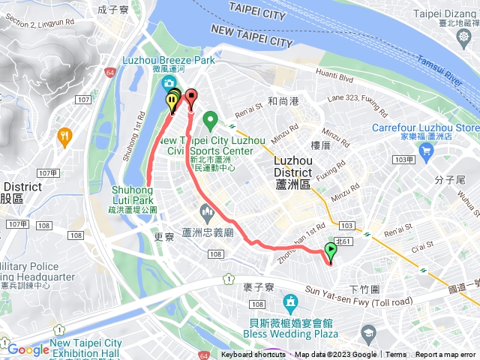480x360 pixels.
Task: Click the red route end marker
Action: tap(190, 96)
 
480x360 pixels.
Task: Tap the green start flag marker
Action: tap(331, 250)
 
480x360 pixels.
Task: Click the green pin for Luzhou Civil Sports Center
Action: tap(211, 118)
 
